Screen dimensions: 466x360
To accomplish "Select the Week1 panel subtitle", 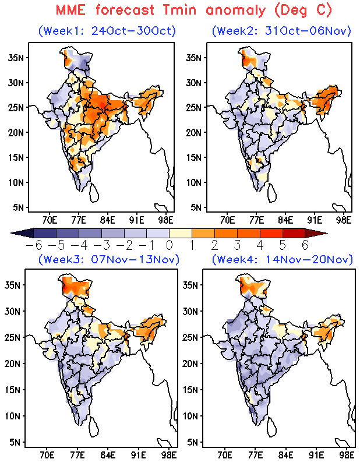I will pos(107,30).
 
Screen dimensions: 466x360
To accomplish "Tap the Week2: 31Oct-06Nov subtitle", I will pos(281,30).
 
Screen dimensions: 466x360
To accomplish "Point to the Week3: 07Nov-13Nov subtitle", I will pos(107,259).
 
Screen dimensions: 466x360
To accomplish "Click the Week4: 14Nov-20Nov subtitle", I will pos(281,259).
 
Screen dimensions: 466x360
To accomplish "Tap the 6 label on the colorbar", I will pos(305,245).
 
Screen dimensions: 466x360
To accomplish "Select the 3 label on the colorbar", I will pos(238,245).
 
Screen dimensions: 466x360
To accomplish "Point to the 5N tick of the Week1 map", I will pos(17,207).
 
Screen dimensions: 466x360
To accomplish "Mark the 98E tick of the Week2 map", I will pos(344,220).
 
